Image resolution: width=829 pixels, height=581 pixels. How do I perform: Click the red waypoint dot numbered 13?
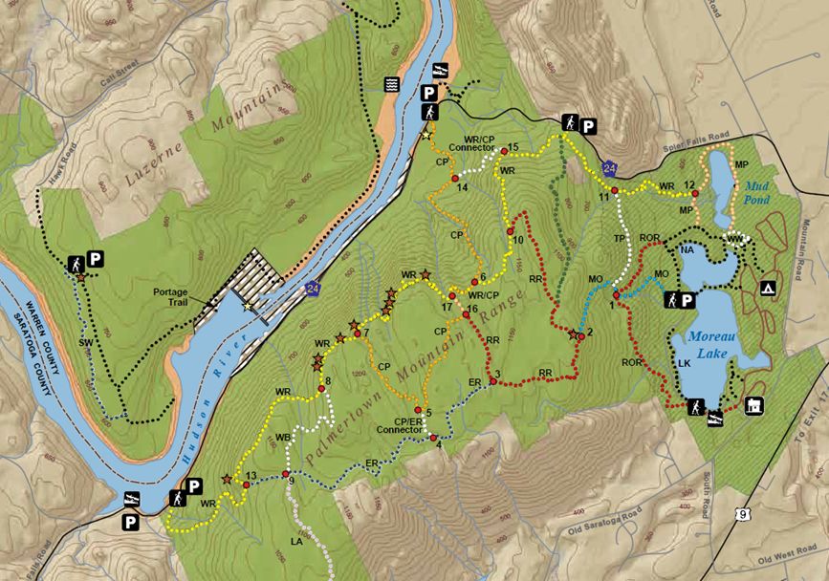click(x=246, y=485)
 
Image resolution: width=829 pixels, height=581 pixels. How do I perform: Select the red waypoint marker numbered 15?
click(x=503, y=151)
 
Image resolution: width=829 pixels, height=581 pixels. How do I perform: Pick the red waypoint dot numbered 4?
click(x=433, y=438)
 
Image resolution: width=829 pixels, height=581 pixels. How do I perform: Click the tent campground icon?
click(x=767, y=288)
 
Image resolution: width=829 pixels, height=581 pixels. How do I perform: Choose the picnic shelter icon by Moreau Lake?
click(x=754, y=407)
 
